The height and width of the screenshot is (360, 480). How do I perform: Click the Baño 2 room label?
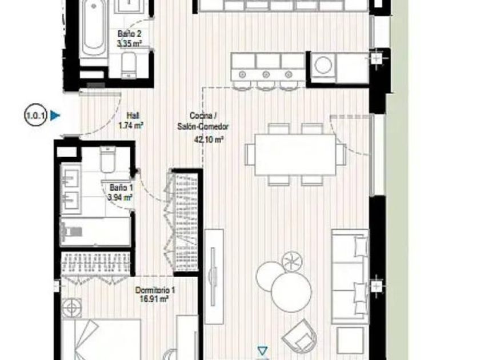pyautogui.click(x=130, y=34)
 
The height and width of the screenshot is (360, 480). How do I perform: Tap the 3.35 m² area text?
pyautogui.click(x=130, y=43)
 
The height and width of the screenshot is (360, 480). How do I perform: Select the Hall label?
pyautogui.click(x=133, y=115)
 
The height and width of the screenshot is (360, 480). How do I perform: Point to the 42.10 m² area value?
pyautogui.click(x=209, y=139)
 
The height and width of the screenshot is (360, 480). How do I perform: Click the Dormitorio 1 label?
pyautogui.click(x=155, y=290)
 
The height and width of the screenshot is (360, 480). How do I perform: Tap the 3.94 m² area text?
pyautogui.click(x=120, y=198)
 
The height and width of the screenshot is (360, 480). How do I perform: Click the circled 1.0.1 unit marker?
pyautogui.click(x=35, y=116)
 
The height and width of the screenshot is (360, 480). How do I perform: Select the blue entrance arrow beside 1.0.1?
pyautogui.click(x=55, y=115)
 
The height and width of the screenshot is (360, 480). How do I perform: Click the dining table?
pyautogui.click(x=295, y=155)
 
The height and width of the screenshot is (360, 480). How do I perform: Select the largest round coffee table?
pyautogui.click(x=291, y=292)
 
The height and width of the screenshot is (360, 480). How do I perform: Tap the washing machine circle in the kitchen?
pyautogui.click(x=323, y=65)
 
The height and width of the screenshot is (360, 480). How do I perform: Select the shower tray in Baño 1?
pyautogui.click(x=96, y=232)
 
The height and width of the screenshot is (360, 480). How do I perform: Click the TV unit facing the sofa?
pyautogui.click(x=214, y=277)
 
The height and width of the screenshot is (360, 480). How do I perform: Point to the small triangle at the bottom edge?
pyautogui.click(x=262, y=350)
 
